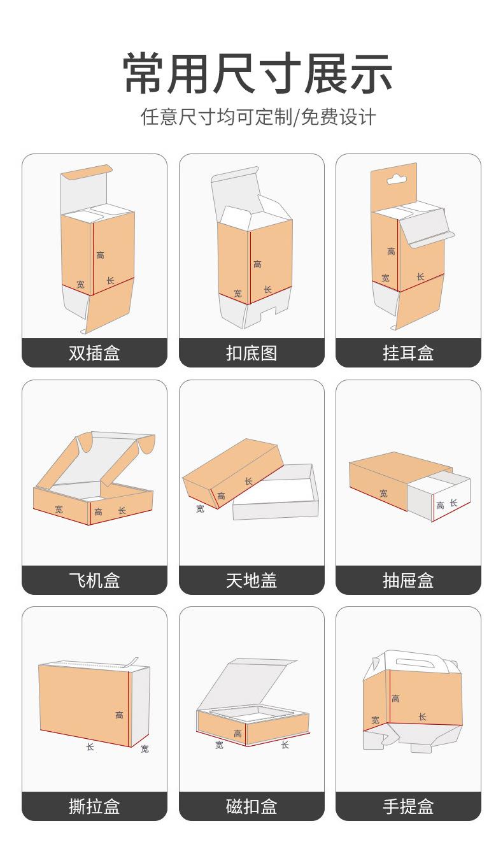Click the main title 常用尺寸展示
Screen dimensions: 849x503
pos(257,75)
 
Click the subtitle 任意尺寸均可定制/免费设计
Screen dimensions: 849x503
pos(257,118)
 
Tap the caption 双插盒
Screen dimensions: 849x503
pos(94,353)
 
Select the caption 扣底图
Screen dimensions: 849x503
pos(251,353)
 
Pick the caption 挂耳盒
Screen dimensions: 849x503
pos(408,353)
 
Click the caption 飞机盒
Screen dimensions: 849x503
pos(94,580)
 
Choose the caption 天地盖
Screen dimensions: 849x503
pos(251,580)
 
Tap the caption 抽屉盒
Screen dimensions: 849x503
pos(408,580)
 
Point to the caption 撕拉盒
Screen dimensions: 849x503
pos(94,807)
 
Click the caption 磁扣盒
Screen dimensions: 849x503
pos(251,807)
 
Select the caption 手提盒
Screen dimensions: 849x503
pos(408,807)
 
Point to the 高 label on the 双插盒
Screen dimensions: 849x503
pos(100,255)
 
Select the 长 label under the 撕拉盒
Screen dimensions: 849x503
pos(90,746)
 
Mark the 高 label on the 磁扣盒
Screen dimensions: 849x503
pos(237,734)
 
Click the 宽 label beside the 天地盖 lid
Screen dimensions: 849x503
pos(200,509)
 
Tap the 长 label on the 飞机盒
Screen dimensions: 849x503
pos(122,511)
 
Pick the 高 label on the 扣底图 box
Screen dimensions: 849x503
pos(257,264)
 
